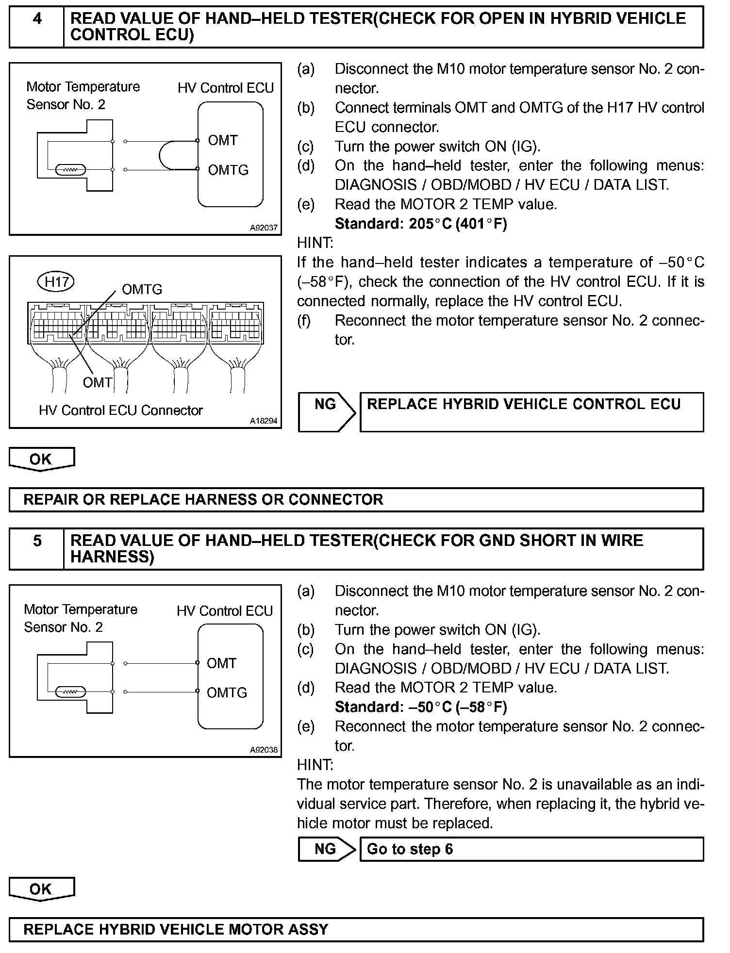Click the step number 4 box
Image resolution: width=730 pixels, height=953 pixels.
pos(36,27)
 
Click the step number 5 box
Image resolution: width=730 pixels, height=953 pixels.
pos(36,548)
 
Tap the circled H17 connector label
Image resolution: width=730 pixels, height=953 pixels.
pos(56,281)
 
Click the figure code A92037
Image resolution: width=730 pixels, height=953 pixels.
pos(264,228)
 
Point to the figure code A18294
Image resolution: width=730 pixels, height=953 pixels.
pos(264,421)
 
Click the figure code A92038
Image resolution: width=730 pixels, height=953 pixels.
pos(264,750)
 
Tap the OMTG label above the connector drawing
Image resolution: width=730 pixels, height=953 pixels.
pos(142,289)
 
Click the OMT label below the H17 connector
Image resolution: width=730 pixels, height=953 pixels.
pos(97,382)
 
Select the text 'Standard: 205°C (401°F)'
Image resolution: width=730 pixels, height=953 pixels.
pos(421,224)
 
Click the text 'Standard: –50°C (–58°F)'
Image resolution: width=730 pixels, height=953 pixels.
pos(421,707)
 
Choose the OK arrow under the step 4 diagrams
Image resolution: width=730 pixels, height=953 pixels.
pos(41,459)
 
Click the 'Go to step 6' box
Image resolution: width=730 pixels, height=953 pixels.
pos(531,849)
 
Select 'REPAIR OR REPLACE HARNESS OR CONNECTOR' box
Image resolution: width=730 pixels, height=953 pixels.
pos(356,499)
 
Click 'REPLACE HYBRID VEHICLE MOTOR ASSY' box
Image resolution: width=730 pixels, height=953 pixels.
pos(356,929)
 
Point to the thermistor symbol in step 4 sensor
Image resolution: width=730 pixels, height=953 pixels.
pos(71,170)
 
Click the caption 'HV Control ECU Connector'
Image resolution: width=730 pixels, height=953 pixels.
pos(120,411)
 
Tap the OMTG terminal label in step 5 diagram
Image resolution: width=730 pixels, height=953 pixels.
pos(227,692)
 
